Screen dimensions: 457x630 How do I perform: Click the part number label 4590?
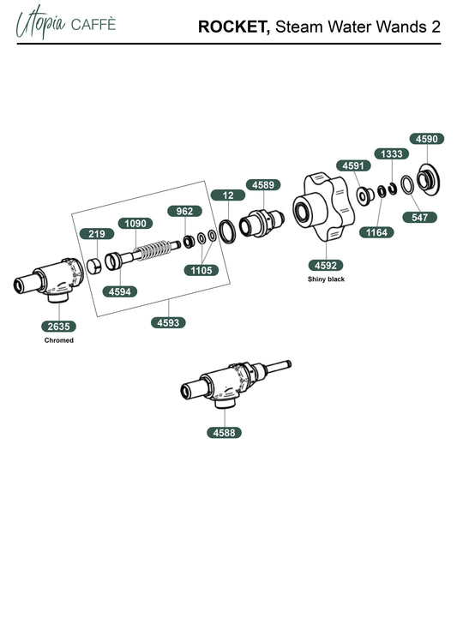[x=426, y=139]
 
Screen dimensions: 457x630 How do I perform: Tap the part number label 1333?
[x=392, y=153]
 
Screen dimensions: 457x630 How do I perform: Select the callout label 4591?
[x=353, y=165]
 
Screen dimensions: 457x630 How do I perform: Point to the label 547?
[x=419, y=218]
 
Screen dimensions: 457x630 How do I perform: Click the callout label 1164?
[x=376, y=232]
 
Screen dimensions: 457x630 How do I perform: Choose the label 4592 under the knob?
[x=326, y=265]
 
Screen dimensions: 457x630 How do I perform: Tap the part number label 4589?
[x=263, y=185]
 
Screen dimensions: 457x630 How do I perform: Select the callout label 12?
[x=228, y=195]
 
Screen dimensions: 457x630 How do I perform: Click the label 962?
[x=184, y=211]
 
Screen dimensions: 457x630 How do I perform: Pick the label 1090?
[x=135, y=224]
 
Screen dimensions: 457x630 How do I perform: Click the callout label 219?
[x=97, y=234]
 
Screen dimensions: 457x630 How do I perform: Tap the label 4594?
[x=120, y=291]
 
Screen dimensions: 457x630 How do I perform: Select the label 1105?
[x=201, y=270]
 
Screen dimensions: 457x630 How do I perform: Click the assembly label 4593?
[x=168, y=322]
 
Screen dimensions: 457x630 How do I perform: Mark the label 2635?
[x=58, y=327]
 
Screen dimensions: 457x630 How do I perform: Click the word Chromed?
[x=58, y=340]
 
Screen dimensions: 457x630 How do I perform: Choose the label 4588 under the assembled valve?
[x=225, y=433]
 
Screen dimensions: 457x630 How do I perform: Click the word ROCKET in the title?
[x=234, y=27]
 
